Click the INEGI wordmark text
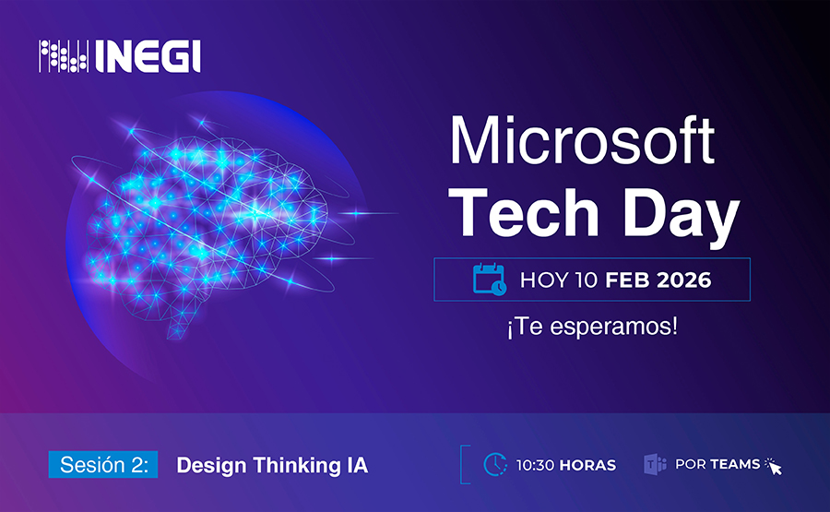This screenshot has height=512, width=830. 148,56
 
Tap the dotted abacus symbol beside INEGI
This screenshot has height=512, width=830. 64,56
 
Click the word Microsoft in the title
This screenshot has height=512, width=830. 582,140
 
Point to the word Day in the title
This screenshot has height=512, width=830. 682,218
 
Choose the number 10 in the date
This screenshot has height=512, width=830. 587,280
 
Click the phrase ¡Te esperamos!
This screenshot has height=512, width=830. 592,327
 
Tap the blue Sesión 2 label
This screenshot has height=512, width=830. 103,464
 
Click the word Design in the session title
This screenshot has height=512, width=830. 211,466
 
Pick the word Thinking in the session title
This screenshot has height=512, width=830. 296,466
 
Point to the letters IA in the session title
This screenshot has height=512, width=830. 357,465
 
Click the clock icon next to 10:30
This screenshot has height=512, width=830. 495,464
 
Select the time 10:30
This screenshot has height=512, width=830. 535,465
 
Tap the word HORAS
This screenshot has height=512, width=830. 587,465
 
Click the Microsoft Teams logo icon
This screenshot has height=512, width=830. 655,464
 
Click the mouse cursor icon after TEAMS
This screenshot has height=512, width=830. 774,466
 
